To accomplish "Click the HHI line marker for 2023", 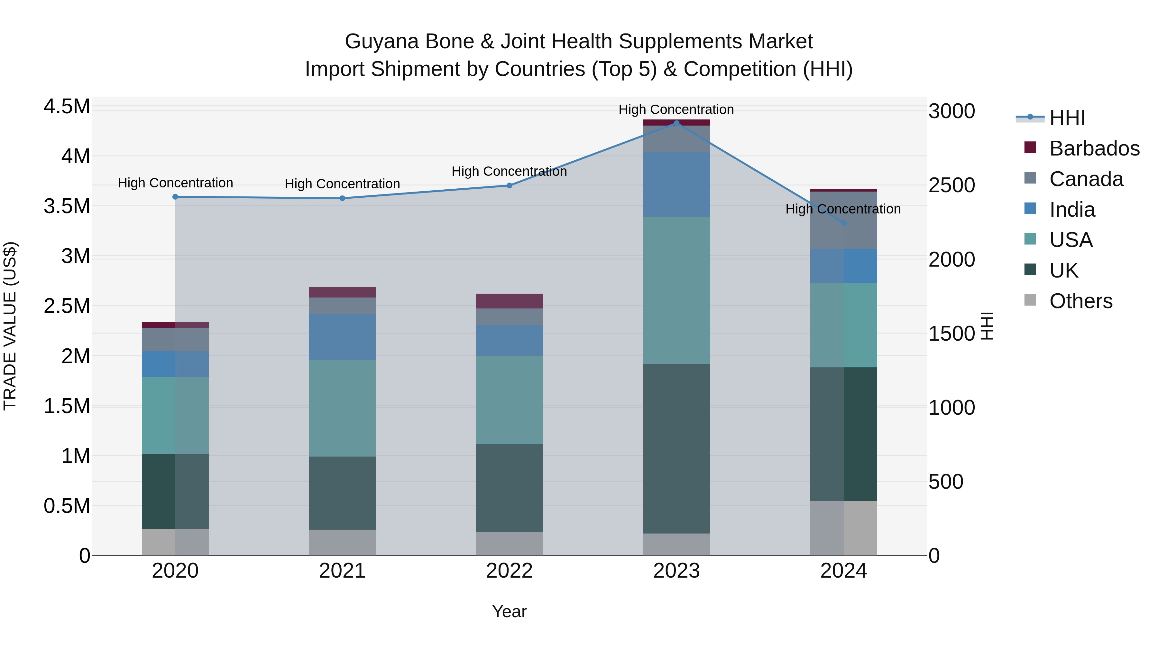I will click(676, 123).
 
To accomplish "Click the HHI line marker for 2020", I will click(175, 197).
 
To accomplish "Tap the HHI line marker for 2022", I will click(509, 185).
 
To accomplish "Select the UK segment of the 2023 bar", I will click(676, 449).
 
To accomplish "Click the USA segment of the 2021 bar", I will click(342, 408).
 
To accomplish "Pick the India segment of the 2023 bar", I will click(676, 184).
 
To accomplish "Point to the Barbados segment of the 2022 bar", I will click(509, 301).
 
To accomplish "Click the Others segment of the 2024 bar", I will click(843, 528).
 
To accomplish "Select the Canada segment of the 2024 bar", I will click(843, 221).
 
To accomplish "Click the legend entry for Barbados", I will click(1094, 148).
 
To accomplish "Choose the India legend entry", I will click(1072, 210).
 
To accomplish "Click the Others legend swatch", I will click(1030, 300).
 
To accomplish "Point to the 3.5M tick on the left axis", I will click(67, 206).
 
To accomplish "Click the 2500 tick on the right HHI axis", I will click(952, 185).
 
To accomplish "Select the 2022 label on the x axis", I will click(509, 571).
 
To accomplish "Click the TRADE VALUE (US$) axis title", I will click(10, 326).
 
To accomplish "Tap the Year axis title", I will click(509, 611).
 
